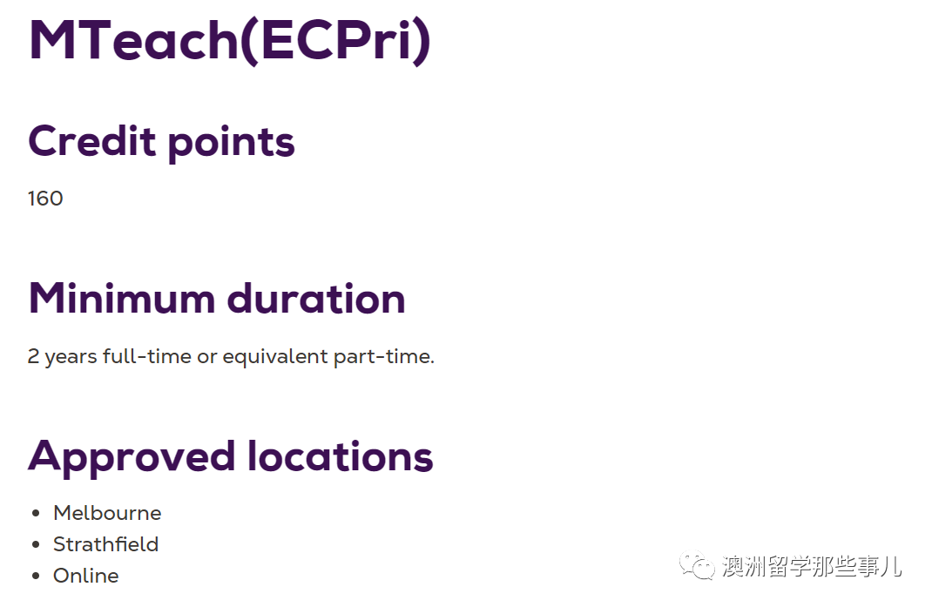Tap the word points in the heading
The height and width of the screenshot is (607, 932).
pos(231,144)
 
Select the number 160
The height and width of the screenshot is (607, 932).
pos(45,199)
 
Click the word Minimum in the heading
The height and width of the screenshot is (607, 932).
pos(122,298)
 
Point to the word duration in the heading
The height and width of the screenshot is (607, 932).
pos(316,298)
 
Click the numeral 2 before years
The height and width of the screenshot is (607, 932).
pos(33,356)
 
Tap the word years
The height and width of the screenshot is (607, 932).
pos(71,358)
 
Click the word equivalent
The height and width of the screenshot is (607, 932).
pos(275,357)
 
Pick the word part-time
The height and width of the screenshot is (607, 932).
pos(384,357)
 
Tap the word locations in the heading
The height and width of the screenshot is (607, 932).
pos(340,456)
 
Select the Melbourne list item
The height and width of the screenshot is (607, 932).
pos(107,513)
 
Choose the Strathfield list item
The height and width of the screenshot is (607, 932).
pos(105,544)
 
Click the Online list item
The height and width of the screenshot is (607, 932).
pos(85,576)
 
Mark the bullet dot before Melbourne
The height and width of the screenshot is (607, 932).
pos(37,513)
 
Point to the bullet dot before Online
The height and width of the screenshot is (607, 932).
pos(37,576)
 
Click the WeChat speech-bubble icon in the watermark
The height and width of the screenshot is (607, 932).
pos(697,565)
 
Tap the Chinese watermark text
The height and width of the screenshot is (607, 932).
pos(812,566)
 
